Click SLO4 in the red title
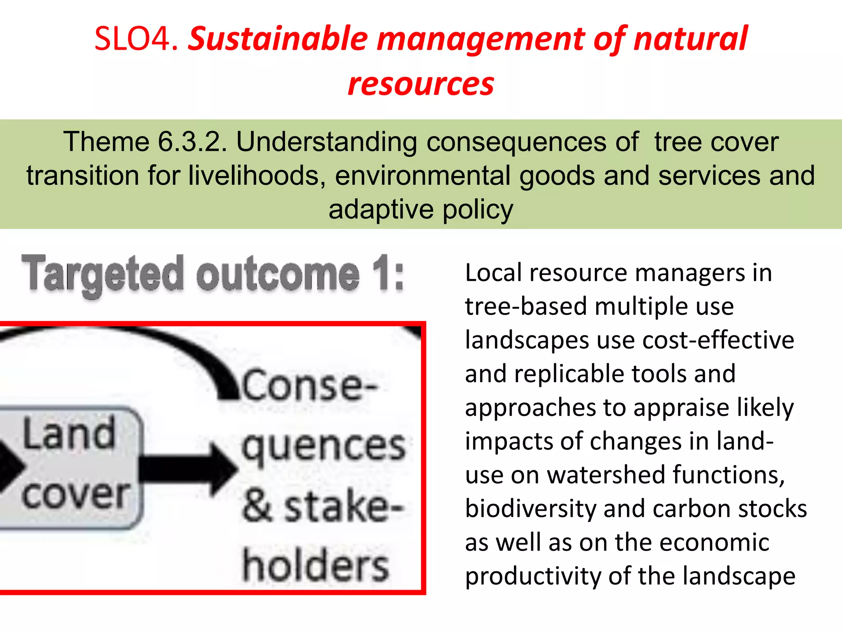click(x=136, y=39)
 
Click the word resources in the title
click(x=421, y=84)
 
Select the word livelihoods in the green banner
click(x=254, y=176)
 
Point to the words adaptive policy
click(x=421, y=209)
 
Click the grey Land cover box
click(x=70, y=467)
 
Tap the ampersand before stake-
click(x=257, y=506)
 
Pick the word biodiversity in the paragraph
click(x=530, y=509)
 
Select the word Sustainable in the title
click(x=278, y=39)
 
